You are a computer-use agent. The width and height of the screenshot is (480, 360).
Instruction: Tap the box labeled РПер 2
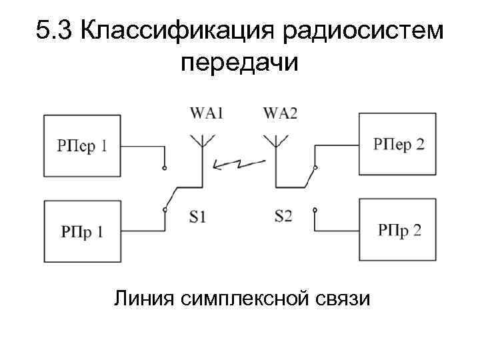(398, 144)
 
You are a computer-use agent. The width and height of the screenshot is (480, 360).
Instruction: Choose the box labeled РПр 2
(398, 230)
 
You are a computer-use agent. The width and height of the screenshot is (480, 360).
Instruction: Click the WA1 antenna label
(206, 113)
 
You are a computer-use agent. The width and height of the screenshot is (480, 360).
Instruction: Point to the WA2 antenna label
(281, 113)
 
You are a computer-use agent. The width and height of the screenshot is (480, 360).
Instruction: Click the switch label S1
(198, 216)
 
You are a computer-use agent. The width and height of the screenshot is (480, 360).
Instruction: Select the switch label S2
(283, 216)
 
